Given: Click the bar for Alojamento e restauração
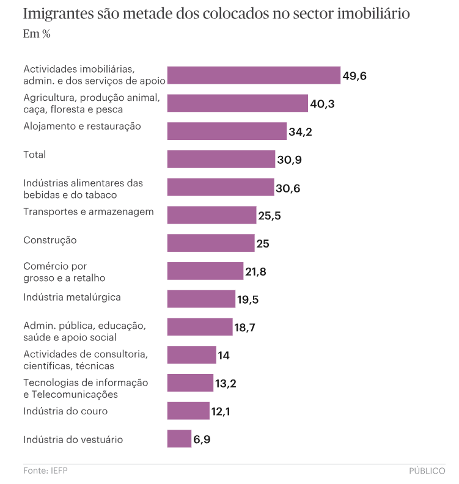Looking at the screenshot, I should pyautogui.click(x=227, y=131).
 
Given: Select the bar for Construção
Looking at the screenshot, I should pyautogui.click(x=211, y=243).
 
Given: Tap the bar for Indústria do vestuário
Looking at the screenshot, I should pyautogui.click(x=179, y=439).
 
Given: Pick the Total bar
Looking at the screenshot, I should pyautogui.click(x=221, y=159).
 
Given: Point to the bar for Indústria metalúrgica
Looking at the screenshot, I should pyautogui.click(x=201, y=299).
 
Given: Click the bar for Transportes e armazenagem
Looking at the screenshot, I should pyautogui.click(x=211, y=215).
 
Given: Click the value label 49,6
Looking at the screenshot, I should pyautogui.click(x=354, y=76).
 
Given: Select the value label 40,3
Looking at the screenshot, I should pyautogui.click(x=322, y=104).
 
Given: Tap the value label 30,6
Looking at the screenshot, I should pyautogui.click(x=288, y=188).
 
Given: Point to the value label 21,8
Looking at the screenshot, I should pyautogui.click(x=255, y=271).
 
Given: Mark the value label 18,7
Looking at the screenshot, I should pyautogui.click(x=244, y=328).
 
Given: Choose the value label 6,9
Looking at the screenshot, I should pyautogui.click(x=202, y=439).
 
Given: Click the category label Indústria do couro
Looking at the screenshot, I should pyautogui.click(x=65, y=411).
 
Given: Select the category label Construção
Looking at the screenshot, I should pyautogui.click(x=50, y=240).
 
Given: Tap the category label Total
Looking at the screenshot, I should pyautogui.click(x=35, y=155).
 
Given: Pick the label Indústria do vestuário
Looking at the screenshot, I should pyautogui.click(x=73, y=439).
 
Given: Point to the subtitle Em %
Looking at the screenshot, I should pyautogui.click(x=37, y=34).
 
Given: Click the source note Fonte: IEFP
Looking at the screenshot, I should pyautogui.click(x=45, y=471).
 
